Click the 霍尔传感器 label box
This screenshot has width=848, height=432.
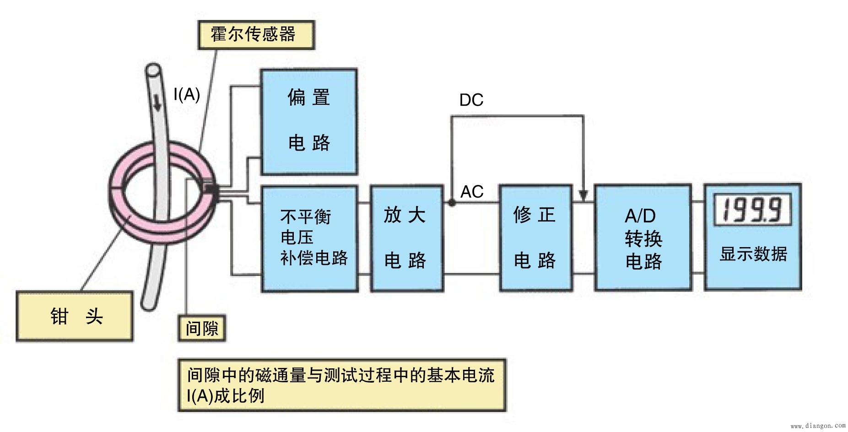(x=256, y=35)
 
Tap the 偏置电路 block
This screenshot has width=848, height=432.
(x=308, y=122)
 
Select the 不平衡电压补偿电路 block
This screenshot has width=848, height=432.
(x=309, y=238)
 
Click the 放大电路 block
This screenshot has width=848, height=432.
(x=406, y=238)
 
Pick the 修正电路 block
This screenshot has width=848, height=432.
(x=535, y=238)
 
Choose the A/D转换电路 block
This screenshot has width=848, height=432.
(x=643, y=238)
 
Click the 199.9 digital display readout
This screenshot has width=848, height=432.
(x=753, y=211)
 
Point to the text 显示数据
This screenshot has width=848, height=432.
(x=753, y=254)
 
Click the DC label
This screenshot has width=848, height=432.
(x=471, y=100)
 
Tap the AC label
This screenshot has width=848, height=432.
(x=471, y=192)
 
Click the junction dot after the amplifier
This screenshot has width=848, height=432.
(x=452, y=202)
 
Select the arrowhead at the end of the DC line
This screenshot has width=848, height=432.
(x=583, y=195)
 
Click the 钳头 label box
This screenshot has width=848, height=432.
(x=75, y=316)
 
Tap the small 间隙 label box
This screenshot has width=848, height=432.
(x=202, y=328)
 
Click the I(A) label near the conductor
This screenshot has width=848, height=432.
(x=186, y=95)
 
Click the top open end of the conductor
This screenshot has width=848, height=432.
(x=153, y=70)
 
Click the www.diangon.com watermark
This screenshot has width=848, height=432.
(x=818, y=426)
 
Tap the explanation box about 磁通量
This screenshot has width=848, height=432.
(x=341, y=385)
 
